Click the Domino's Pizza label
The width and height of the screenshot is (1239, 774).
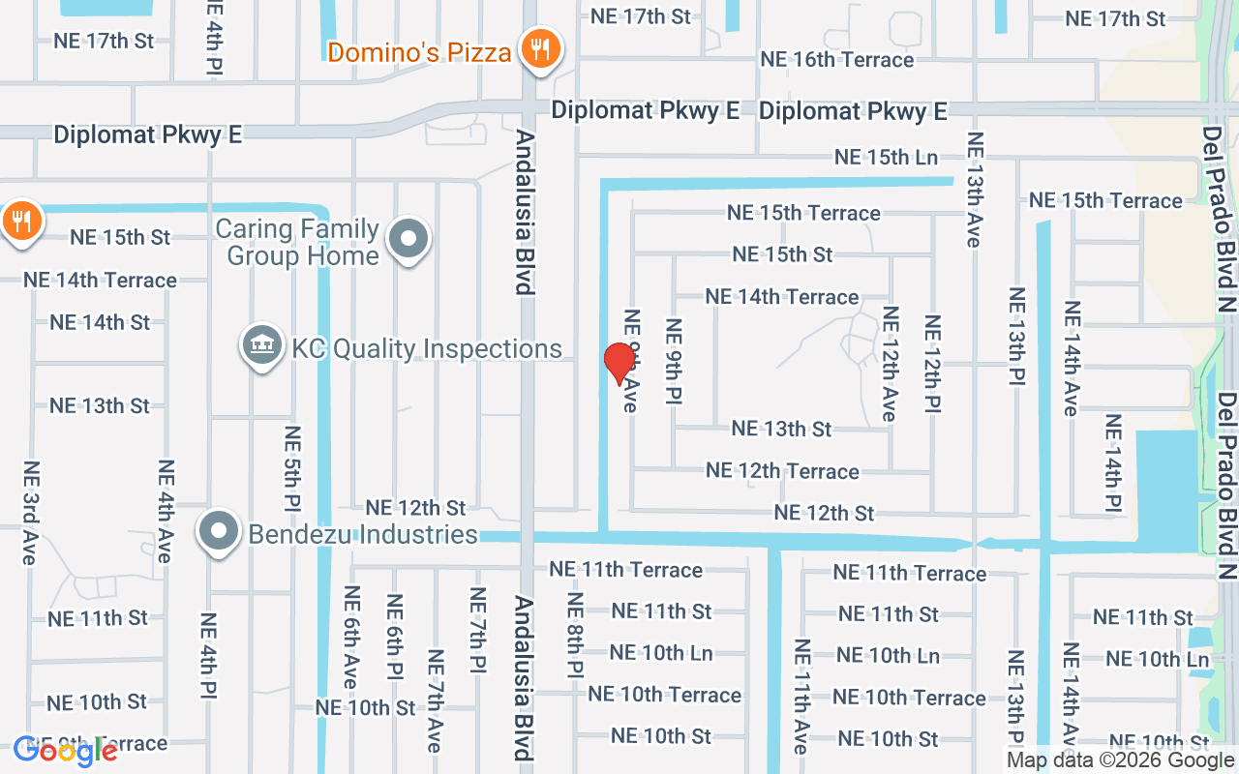419,51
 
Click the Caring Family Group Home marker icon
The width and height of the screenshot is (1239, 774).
408,238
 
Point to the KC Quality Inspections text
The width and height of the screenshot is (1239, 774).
427,348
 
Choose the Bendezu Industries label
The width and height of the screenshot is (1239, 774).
363,534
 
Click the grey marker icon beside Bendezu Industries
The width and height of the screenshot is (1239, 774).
219,531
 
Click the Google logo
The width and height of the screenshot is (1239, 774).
65,751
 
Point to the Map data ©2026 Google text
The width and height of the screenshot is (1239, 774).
1120,760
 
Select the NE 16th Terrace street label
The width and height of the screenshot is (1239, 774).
836,60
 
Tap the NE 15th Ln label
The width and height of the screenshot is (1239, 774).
886,157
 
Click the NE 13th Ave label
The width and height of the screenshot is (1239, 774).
975,189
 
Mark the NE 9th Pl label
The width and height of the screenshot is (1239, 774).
675,361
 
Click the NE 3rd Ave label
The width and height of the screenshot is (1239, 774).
29,513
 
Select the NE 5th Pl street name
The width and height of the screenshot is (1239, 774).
292,469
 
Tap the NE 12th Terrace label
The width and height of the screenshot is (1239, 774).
782,471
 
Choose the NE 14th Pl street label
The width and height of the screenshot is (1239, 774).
1113,463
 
